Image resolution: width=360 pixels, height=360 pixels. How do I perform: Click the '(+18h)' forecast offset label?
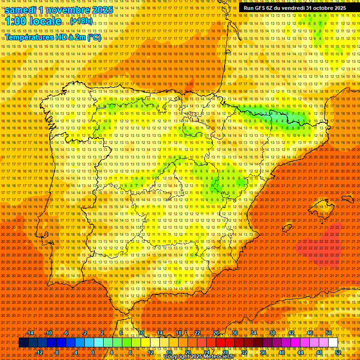click(81, 22)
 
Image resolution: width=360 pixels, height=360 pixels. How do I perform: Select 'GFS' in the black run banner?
click(262, 8)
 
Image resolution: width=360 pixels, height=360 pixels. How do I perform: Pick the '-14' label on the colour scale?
click(30, 333)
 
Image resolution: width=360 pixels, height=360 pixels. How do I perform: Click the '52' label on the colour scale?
click(338, 352)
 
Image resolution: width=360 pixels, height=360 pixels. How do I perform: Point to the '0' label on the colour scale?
click(93, 352)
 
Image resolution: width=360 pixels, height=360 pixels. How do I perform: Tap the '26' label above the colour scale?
click(216, 333)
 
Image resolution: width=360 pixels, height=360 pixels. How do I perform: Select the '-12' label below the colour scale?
click(40, 352)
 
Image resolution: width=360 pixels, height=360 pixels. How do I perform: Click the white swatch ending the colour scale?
click(333, 343)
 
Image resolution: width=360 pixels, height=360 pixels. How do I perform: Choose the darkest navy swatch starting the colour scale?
click(23, 343)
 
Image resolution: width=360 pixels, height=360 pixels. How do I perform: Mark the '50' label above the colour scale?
click(329, 333)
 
